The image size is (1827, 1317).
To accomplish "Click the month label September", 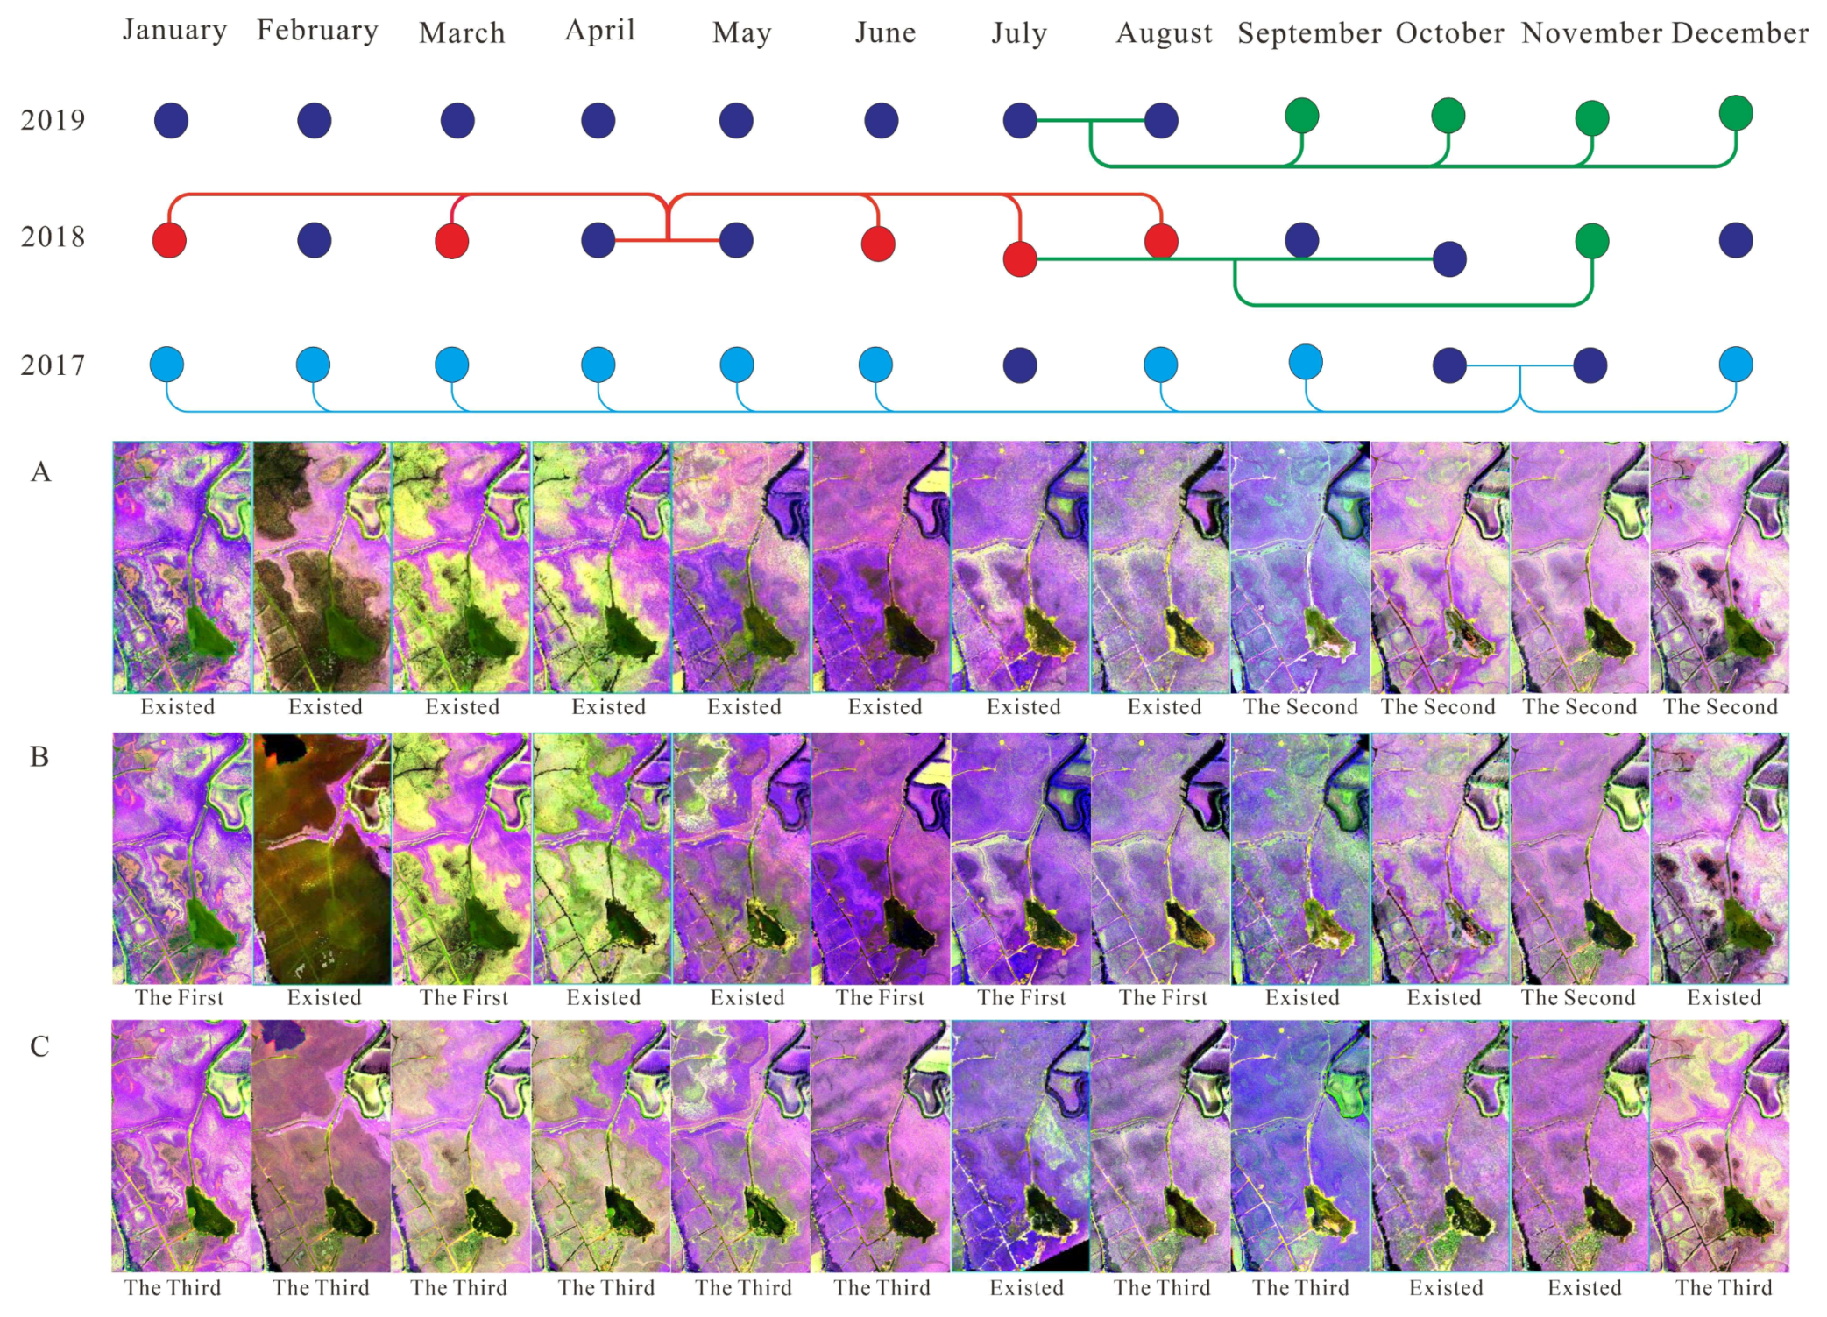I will coord(1309,33).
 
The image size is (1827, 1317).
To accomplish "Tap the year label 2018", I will coord(53,237).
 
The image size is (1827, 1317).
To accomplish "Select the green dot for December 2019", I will coord(1735,113).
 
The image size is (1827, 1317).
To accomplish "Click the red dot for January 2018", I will coord(169,240).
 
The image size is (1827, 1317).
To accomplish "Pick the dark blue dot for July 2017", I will coord(1020,365).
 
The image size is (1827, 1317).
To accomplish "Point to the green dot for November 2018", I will coord(1591,241).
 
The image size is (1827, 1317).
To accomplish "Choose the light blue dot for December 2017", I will coord(1735,365).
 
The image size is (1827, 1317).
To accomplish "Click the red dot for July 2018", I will coord(1020,259).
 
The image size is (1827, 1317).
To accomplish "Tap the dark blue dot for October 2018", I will coord(1449,259).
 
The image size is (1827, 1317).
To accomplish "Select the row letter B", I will coord(39,756).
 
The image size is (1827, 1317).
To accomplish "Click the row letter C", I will coord(39,1046).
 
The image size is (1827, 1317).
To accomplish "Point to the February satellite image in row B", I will coord(322,859).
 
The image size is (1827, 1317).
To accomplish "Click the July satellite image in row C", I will coord(1021,1145).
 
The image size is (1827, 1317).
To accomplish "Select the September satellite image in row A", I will coord(1300,567).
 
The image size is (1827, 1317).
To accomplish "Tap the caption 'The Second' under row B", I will coord(1578,998).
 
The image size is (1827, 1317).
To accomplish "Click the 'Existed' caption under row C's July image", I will coord(1026,1288).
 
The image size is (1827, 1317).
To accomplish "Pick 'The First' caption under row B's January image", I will coord(180,998).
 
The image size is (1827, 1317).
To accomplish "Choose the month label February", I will coord(317,31).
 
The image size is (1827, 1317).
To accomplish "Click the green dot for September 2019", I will coord(1301,116).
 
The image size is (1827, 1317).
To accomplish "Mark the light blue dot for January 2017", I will coord(167,365).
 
